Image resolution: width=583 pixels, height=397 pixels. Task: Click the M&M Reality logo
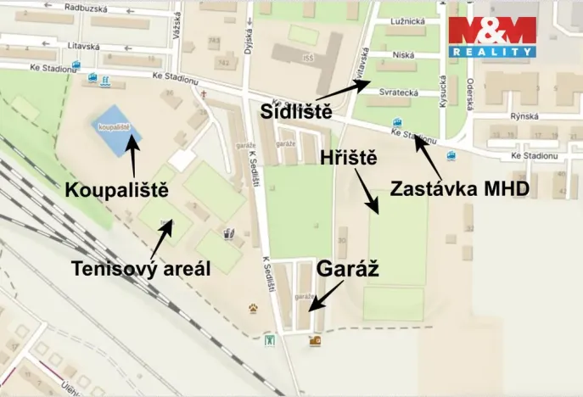pyautogui.click(x=492, y=36)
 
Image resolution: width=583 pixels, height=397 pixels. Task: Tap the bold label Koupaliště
pyautogui.click(x=116, y=190)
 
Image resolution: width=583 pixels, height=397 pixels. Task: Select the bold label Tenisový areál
pyautogui.click(x=140, y=268)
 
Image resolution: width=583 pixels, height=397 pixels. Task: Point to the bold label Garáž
pyautogui.click(x=346, y=269)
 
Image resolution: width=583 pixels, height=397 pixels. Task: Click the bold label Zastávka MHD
pyautogui.click(x=459, y=188)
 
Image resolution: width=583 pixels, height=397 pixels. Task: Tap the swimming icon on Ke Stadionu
pyautogui.click(x=104, y=81)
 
